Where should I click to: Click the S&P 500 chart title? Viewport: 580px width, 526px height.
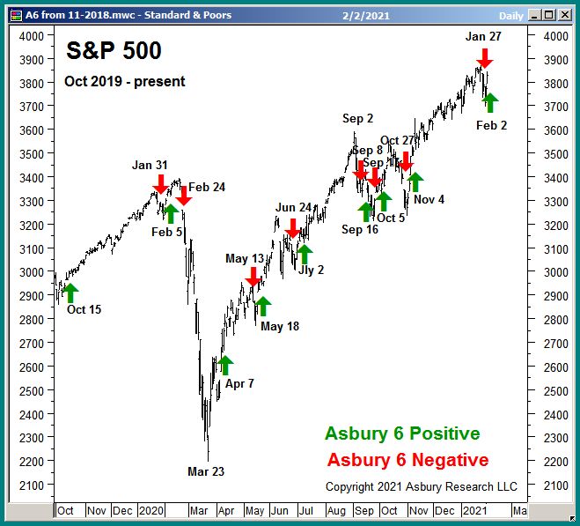click(x=114, y=52)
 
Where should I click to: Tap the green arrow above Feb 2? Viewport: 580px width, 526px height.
click(x=490, y=102)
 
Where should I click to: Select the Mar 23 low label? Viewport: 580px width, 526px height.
click(x=206, y=471)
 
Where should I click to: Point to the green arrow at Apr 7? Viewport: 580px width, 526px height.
click(x=224, y=365)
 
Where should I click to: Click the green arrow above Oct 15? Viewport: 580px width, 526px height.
click(x=70, y=293)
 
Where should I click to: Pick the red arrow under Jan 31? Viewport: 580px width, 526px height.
click(x=160, y=184)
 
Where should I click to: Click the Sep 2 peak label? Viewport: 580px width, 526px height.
click(x=358, y=119)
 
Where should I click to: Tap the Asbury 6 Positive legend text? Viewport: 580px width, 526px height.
click(x=402, y=433)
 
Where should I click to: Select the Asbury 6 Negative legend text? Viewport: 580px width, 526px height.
click(x=407, y=460)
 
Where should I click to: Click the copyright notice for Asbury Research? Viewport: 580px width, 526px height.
click(x=421, y=486)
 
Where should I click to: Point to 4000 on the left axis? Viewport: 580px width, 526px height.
click(x=32, y=36)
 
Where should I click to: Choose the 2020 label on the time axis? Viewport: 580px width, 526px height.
click(x=151, y=510)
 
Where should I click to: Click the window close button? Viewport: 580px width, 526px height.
click(x=567, y=15)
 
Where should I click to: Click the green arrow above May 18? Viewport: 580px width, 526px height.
click(x=262, y=306)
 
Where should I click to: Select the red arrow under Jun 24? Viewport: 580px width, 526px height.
click(x=292, y=228)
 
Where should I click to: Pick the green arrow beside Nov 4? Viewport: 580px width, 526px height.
click(x=415, y=182)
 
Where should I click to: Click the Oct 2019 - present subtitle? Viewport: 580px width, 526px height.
click(x=124, y=82)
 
